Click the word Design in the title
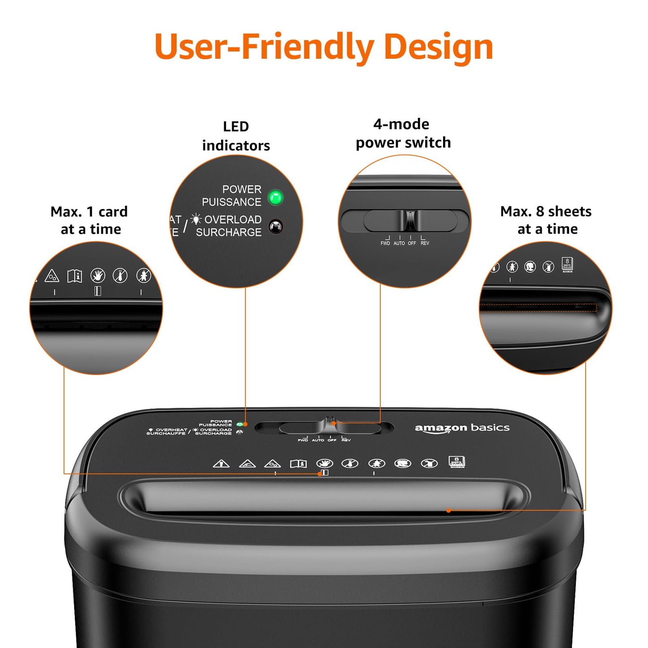(x=438, y=47)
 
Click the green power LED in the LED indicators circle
(x=275, y=197)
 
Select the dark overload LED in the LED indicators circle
(x=275, y=226)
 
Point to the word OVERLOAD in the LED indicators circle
(x=233, y=220)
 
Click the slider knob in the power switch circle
(x=411, y=220)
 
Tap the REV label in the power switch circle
(x=425, y=243)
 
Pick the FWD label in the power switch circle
(x=385, y=243)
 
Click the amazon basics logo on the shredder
(x=462, y=428)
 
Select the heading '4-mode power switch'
(x=403, y=133)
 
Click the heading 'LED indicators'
(x=236, y=136)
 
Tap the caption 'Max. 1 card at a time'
(x=90, y=220)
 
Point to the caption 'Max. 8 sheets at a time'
(x=546, y=220)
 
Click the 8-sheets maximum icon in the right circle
(x=567, y=265)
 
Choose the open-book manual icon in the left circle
(x=75, y=276)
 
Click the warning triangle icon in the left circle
(x=52, y=276)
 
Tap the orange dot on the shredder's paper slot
(x=448, y=510)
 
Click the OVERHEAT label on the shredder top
(x=171, y=430)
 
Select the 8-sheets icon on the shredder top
(x=457, y=462)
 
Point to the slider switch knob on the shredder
(x=330, y=423)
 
